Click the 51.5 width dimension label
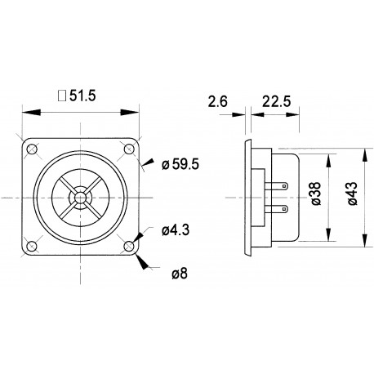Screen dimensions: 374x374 tap(83, 95)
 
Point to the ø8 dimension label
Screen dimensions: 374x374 tap(178, 273)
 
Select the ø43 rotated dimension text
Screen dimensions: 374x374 tap(352, 196)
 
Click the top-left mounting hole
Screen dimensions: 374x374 tap(31, 150)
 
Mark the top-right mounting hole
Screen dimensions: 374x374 tap(129, 150)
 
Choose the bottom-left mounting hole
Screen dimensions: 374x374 tap(31, 246)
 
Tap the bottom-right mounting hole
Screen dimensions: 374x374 tap(129, 246)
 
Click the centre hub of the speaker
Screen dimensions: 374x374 tap(80, 198)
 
